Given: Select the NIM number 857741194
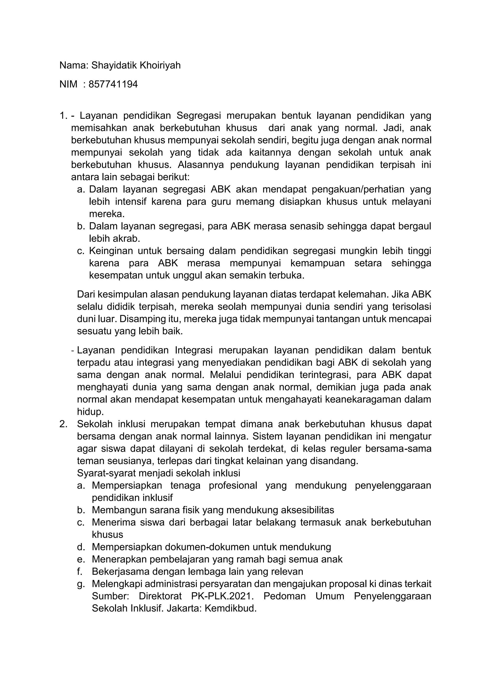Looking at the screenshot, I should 113,84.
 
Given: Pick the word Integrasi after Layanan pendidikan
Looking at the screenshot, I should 193,350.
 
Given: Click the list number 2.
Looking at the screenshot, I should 63,424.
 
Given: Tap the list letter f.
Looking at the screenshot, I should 80,571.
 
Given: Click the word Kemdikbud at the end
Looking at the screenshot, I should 230,608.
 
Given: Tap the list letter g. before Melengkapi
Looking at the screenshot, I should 80,584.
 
